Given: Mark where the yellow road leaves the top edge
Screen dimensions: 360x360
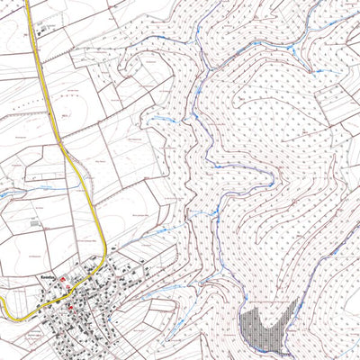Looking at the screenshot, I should coord(27,2).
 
